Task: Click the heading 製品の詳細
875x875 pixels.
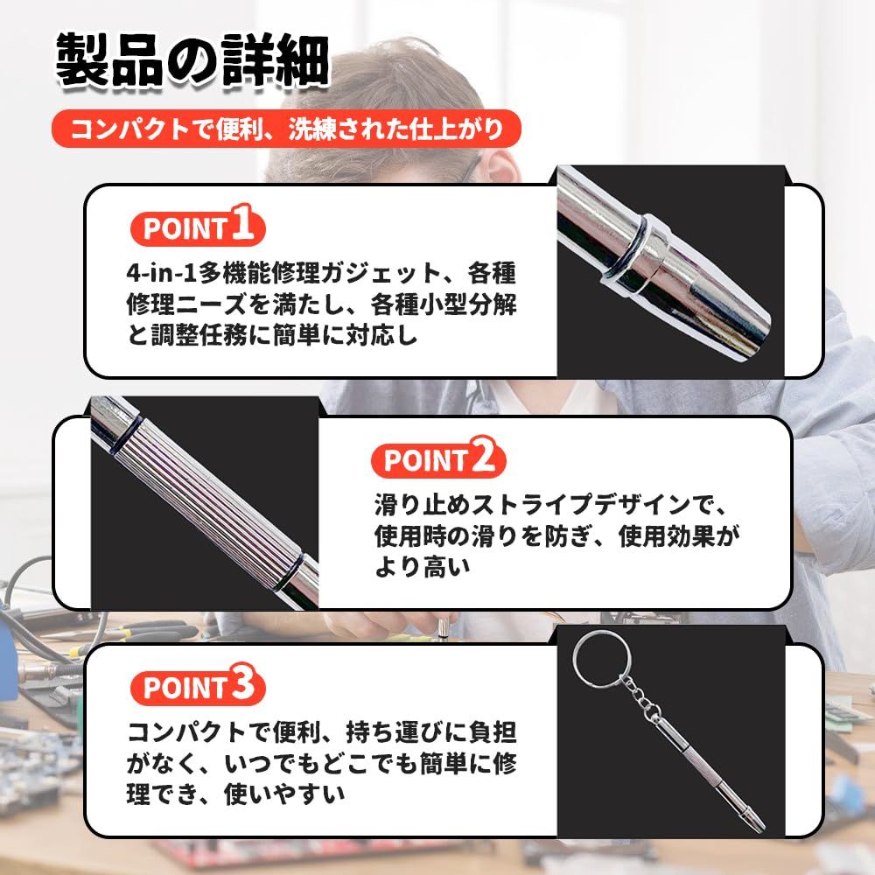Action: point(193,61)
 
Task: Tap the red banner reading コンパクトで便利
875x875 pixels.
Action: point(286,129)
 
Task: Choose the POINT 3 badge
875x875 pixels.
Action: point(198,685)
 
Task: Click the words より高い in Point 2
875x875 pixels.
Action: point(423,568)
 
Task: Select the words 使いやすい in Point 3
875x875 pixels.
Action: point(284,794)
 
